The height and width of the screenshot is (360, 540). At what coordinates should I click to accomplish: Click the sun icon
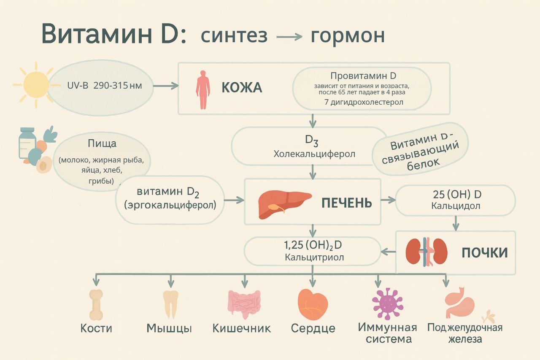[x=36, y=83]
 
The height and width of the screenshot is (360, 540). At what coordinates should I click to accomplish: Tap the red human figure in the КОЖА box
[x=202, y=89]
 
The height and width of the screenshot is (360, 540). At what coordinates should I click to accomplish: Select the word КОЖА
[x=242, y=88]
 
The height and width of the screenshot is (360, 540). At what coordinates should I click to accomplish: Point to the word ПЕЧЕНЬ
[x=346, y=203]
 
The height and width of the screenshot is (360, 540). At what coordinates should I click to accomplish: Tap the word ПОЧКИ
[x=484, y=252]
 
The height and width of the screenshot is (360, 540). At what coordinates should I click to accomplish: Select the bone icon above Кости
[x=96, y=304]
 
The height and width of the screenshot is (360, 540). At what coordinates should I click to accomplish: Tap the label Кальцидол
[x=456, y=206]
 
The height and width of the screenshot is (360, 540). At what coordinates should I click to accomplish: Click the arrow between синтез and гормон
[x=289, y=37]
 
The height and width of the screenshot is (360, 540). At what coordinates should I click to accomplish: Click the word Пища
[x=102, y=143]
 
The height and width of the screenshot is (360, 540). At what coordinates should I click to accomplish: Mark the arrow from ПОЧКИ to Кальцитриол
[x=388, y=252]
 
